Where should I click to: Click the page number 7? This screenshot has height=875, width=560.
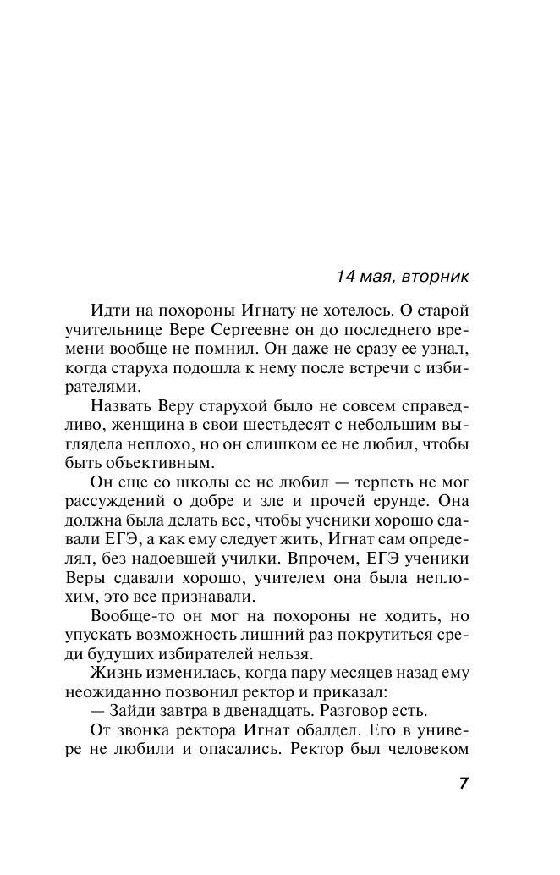tap(464, 782)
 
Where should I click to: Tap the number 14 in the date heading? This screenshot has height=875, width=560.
tap(347, 276)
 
